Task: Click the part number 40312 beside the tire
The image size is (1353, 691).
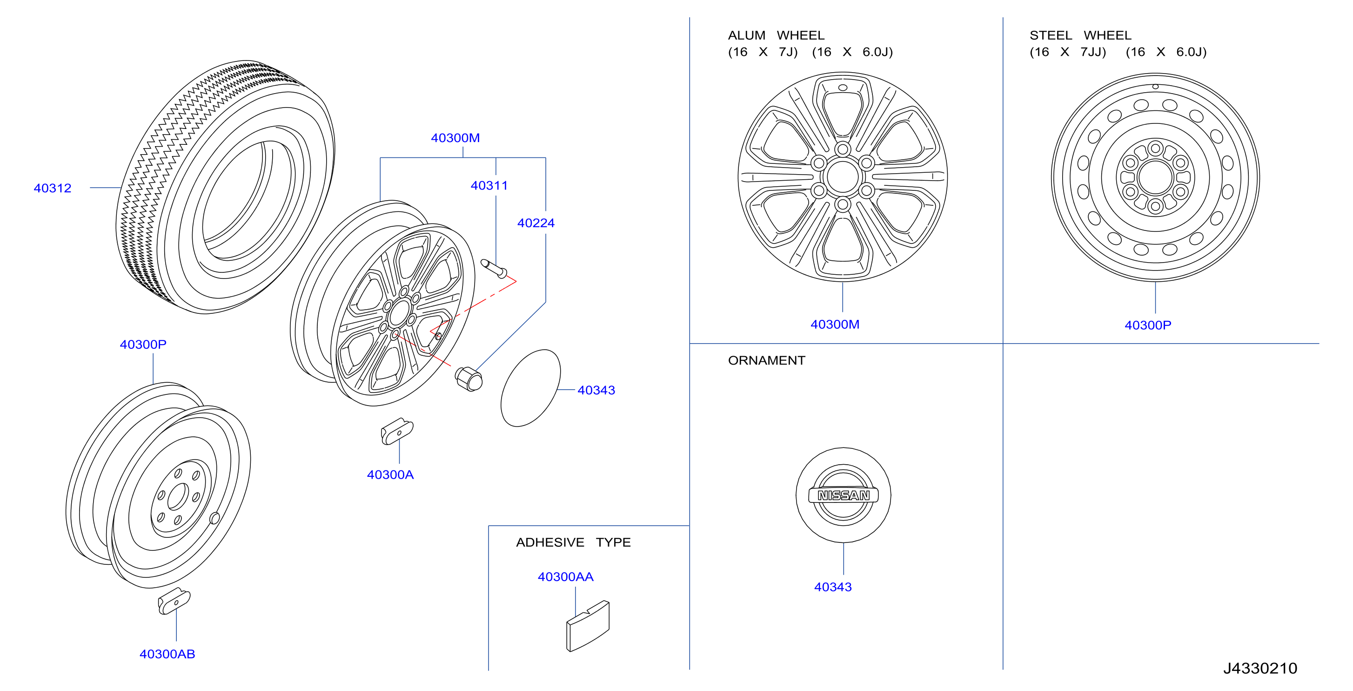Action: [x=53, y=188]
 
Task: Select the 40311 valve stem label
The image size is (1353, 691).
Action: [x=489, y=185]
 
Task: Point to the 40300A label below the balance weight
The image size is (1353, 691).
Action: [x=390, y=474]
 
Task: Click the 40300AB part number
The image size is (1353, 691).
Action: [x=167, y=654]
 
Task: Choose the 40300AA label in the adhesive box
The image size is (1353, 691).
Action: [x=566, y=576]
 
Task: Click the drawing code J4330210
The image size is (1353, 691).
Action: [x=1260, y=668]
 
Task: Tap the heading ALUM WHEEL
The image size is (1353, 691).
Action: [x=776, y=35]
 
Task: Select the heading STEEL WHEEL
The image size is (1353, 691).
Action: [x=1080, y=35]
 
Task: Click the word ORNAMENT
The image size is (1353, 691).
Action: [x=766, y=360]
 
